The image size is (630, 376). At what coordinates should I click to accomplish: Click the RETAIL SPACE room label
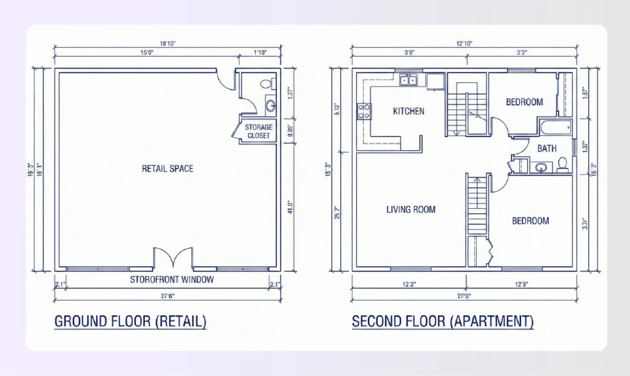167,168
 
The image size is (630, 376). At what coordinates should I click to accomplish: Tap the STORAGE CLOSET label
258,131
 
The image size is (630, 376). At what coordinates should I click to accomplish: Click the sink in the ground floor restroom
271,106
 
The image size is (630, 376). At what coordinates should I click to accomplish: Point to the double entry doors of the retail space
174,258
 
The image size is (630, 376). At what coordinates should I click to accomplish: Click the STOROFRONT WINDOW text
172,280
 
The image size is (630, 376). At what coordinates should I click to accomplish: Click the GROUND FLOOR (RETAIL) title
130,321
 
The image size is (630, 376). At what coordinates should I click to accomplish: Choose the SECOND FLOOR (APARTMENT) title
442,321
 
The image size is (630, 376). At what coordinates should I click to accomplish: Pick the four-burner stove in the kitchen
364,111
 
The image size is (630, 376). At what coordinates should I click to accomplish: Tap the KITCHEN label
409,111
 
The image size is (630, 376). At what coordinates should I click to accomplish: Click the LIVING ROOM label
410,210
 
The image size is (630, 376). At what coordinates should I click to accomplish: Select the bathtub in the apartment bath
556,127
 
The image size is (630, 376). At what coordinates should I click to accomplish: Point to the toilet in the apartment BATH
562,164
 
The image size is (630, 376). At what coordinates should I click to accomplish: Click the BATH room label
547,148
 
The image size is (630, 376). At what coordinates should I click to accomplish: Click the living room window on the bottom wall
410,268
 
